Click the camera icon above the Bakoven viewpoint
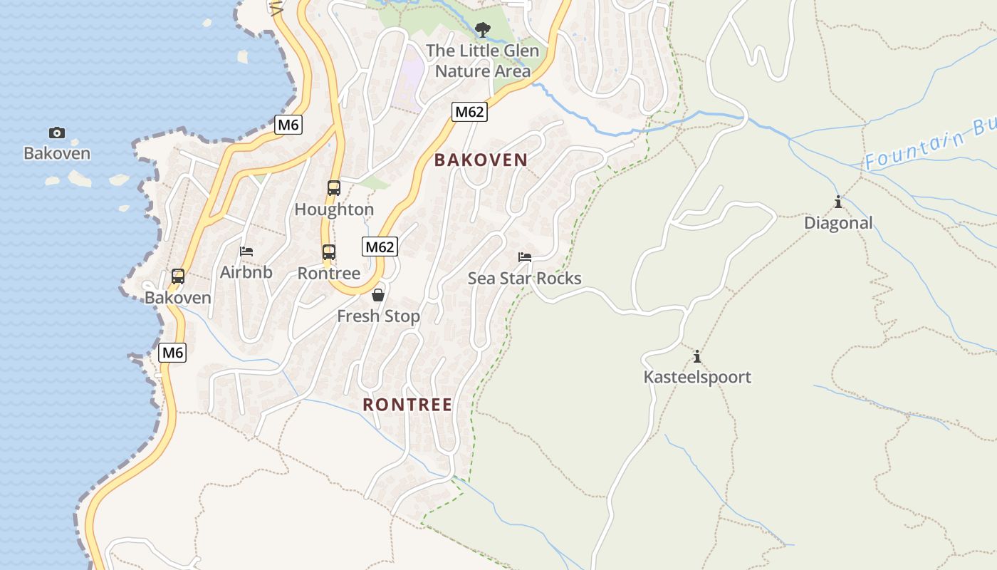coord(57,133)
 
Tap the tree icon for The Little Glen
coord(483,30)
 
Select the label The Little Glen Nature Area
coord(483,61)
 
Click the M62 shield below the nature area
coord(469,112)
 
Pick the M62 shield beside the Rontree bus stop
coord(380,247)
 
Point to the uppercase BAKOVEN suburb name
coord(481,160)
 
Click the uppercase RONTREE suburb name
coord(407,405)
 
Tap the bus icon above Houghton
coord(334,188)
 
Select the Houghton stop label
coord(334,209)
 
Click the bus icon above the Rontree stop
coord(329,252)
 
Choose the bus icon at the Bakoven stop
coord(178,276)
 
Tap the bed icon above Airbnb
coord(246,252)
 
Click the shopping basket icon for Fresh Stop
coord(378,295)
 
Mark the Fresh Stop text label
coord(378,316)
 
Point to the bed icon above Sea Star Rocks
coord(525,257)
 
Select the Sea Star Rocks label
coord(525,279)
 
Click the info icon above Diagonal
coord(838,202)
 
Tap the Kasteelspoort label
coord(697,377)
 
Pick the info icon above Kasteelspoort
coord(697,356)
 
